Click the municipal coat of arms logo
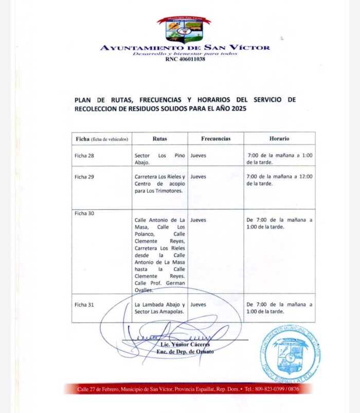coord(184,30)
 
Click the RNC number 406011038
coord(185,60)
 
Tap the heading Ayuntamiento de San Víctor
coord(185,47)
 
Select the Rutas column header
coord(159,139)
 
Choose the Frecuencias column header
coord(215,139)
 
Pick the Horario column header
coord(279,139)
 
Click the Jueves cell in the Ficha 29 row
coord(198,177)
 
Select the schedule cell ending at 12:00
coord(279,180)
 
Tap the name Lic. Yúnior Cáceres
coord(186,344)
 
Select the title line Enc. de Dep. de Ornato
coord(185,351)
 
